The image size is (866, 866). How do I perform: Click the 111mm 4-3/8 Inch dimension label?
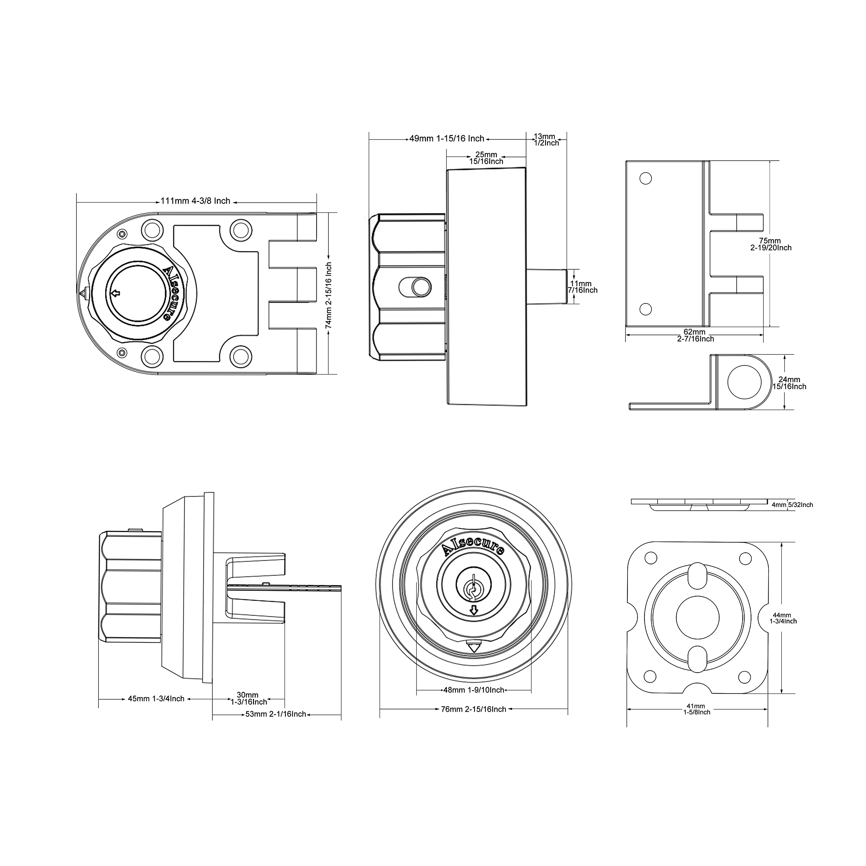[x=196, y=201]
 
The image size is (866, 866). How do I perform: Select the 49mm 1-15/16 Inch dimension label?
[x=447, y=138]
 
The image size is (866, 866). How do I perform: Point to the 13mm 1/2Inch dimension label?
[x=546, y=139]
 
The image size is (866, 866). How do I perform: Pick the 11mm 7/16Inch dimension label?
[x=582, y=287]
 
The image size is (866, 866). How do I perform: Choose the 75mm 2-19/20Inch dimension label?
[x=771, y=244]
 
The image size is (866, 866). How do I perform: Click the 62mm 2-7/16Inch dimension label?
[x=695, y=335]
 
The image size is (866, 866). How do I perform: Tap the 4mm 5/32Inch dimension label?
[x=792, y=505]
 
